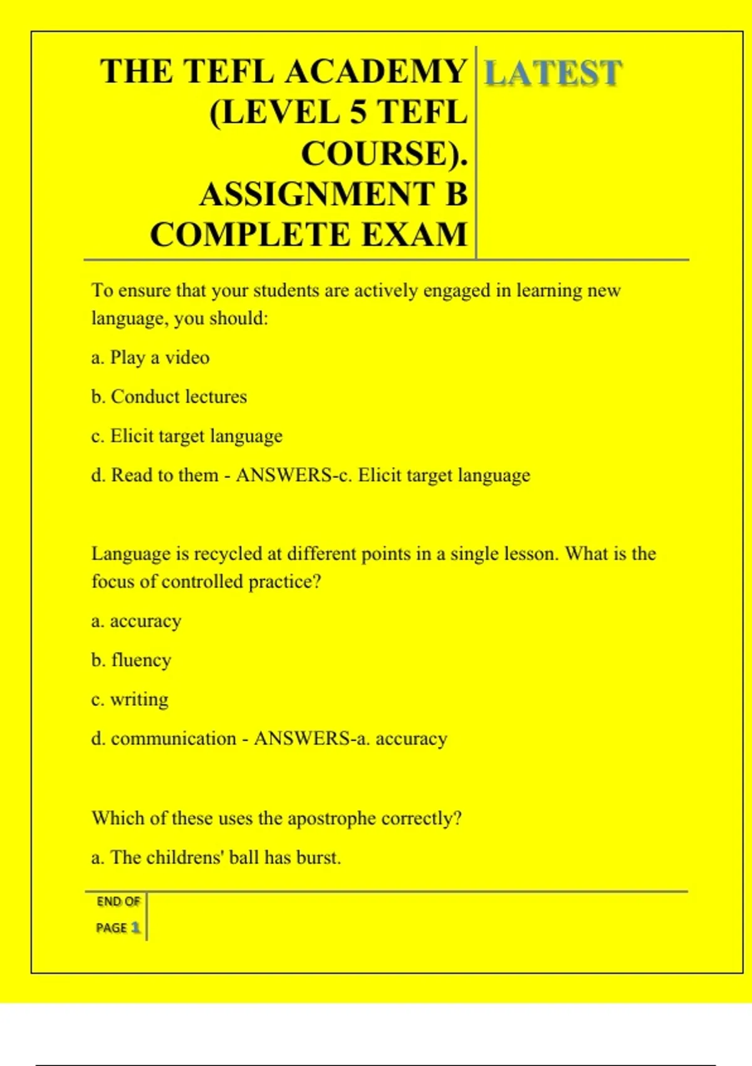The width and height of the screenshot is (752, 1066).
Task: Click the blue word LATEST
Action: point(553,73)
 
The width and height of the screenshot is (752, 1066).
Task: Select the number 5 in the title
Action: point(358,113)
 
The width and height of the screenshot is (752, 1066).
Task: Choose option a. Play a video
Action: point(150,357)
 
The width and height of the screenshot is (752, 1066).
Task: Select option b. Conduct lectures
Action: point(169,397)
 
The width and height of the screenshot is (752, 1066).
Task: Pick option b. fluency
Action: point(131,660)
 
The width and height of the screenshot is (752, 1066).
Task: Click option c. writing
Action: point(130,699)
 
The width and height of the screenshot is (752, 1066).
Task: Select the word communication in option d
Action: point(174,739)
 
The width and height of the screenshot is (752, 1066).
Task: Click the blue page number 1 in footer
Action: point(135,927)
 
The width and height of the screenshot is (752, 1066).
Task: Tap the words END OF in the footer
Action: point(118,902)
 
